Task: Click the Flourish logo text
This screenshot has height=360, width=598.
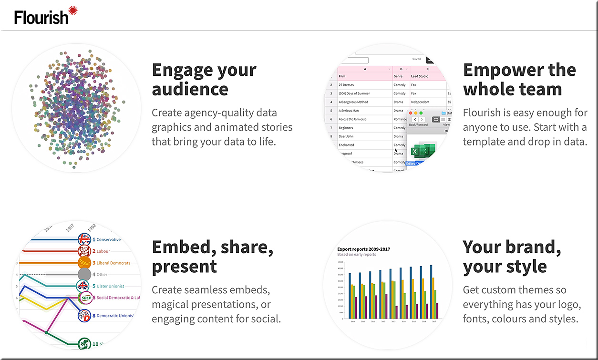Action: tap(41, 17)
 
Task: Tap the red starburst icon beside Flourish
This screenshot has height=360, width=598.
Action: tap(72, 10)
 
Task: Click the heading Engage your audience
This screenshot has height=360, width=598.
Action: tap(204, 79)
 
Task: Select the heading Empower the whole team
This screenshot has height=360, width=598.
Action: tap(519, 79)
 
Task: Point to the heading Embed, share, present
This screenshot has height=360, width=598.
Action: tap(212, 256)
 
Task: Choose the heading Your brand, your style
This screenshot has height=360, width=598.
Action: tap(512, 256)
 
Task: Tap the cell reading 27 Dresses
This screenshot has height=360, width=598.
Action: tap(347, 85)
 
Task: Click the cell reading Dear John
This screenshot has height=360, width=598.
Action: tap(346, 136)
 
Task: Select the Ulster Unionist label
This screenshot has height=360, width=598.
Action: tap(110, 286)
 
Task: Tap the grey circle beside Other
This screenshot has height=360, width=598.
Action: tap(84, 275)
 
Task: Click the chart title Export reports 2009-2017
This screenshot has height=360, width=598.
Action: tap(364, 249)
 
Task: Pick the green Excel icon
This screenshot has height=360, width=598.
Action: tap(422, 152)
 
